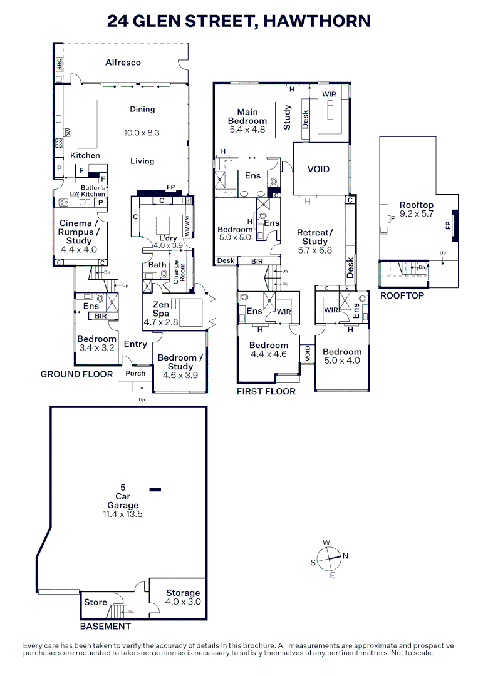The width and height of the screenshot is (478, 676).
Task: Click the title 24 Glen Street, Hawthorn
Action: [x=239, y=21]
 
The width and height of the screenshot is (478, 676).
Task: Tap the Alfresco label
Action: [x=123, y=63]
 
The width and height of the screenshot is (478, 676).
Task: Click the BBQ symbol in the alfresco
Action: [x=60, y=63]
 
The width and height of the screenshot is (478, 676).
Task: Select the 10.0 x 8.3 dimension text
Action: [x=142, y=133]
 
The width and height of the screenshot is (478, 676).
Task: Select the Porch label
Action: [x=136, y=373]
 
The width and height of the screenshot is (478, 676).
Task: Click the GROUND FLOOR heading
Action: [x=76, y=374]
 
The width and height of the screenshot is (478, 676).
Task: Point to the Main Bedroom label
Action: [x=247, y=116]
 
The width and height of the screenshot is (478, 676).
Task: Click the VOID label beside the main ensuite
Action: [x=318, y=169]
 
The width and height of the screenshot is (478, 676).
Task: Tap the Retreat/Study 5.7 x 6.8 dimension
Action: [x=314, y=250]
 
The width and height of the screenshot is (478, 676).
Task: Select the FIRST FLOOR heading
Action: [x=266, y=392]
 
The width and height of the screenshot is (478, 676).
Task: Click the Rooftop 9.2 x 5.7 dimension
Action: [x=417, y=215]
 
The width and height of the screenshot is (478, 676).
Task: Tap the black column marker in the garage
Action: [x=155, y=489]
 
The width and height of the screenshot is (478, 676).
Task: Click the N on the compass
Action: [x=345, y=556]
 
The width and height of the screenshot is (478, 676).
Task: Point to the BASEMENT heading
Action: [x=105, y=626]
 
